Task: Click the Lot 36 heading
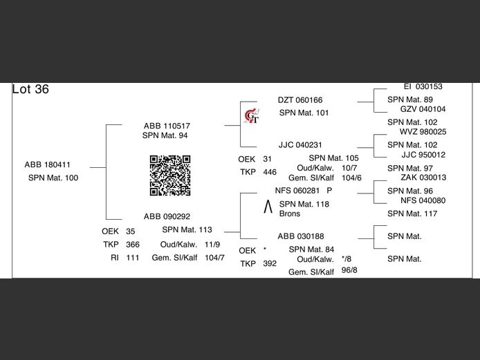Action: point(30,90)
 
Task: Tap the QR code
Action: point(169,176)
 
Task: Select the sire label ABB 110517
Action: point(167,126)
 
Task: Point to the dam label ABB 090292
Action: point(167,216)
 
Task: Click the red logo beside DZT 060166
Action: point(252,117)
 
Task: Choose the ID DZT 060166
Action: point(300,100)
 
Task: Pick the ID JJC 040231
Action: point(300,145)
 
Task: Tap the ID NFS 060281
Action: point(297,191)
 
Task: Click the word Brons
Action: point(290,214)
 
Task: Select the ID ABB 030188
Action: point(300,236)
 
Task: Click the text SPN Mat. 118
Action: point(304,204)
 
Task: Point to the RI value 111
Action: point(133,258)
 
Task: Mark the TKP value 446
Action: point(270,172)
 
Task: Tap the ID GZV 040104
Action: point(423,109)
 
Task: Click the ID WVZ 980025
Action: point(423,132)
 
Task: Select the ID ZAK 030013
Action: point(423,178)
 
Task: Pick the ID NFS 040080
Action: point(423,200)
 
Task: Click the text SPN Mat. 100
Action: point(53,178)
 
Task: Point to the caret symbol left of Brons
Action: point(268,207)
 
